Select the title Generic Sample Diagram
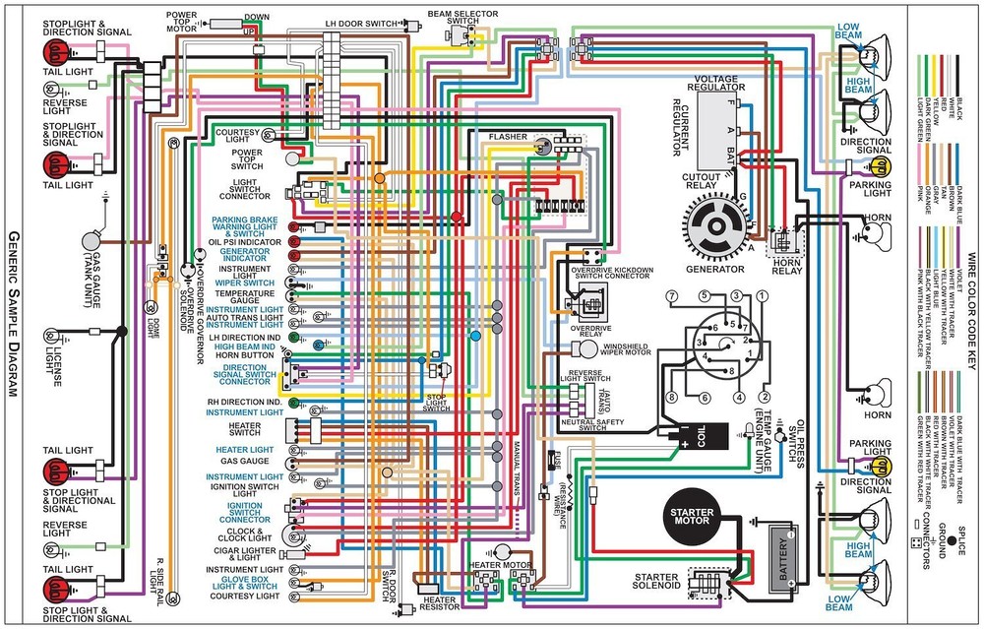[x=13, y=315]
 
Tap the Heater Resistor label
[x=440, y=604]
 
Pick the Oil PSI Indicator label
[x=244, y=241]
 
